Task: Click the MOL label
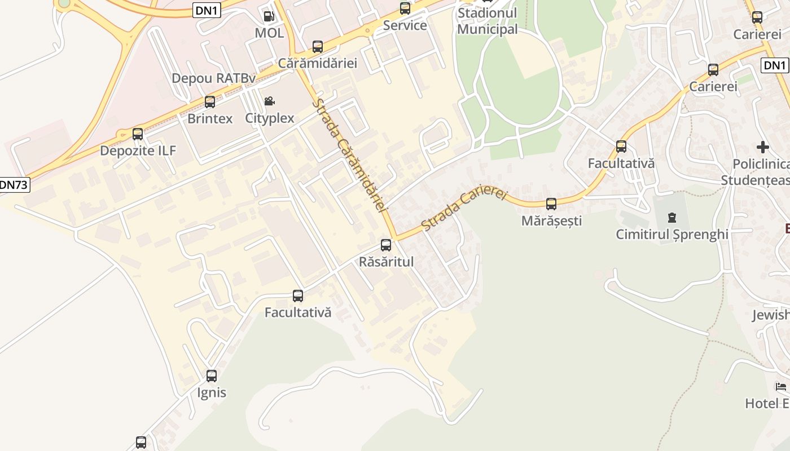tap(269, 33)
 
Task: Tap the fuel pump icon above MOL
tap(269, 16)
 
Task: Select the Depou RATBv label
tap(213, 78)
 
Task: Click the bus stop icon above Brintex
tap(210, 102)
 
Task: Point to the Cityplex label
tap(270, 118)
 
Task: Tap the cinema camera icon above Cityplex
tap(270, 101)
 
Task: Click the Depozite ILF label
tap(138, 151)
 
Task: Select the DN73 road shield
tap(14, 184)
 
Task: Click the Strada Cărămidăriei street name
tap(350, 156)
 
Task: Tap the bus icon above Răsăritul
tap(386, 245)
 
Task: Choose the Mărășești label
tap(551, 220)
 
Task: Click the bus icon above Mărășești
tap(551, 204)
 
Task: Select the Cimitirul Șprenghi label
tap(672, 234)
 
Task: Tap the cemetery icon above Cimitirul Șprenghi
tap(671, 217)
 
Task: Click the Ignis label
tap(212, 392)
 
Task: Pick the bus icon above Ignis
tap(212, 376)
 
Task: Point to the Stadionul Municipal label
tap(488, 20)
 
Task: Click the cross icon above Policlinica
tap(763, 147)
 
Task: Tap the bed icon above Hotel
tap(781, 387)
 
